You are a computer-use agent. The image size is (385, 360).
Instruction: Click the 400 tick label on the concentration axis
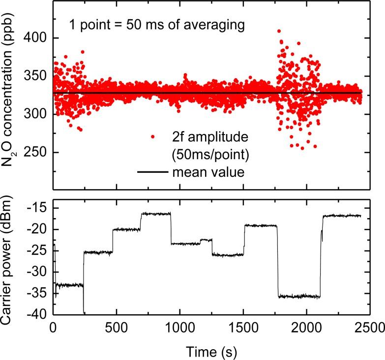pos(38,38)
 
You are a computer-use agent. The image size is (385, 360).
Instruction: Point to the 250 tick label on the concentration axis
pos(38,152)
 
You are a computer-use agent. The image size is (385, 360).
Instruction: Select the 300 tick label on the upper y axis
pos(38,114)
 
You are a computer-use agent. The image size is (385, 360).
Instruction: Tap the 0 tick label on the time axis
pos(53,326)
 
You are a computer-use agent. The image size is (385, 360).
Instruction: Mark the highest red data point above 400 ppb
pos(279,31)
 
